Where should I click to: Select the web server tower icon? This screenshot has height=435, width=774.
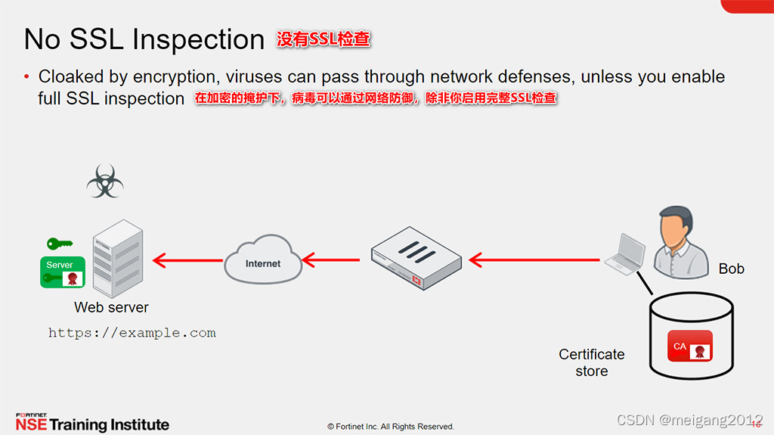click(117, 258)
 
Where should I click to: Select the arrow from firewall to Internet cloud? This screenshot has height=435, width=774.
click(330, 260)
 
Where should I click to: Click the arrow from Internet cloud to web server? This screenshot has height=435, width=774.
click(187, 260)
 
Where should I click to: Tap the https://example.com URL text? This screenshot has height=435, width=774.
click(132, 333)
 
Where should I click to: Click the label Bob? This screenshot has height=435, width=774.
click(731, 269)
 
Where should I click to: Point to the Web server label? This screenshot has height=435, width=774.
click(111, 307)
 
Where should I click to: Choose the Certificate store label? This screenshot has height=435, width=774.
click(591, 362)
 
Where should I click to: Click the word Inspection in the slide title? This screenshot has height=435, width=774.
click(200, 39)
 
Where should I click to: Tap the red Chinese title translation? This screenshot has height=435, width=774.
click(324, 39)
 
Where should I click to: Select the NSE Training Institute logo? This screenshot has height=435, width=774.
click(91, 423)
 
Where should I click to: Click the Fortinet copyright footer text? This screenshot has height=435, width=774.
click(391, 427)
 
